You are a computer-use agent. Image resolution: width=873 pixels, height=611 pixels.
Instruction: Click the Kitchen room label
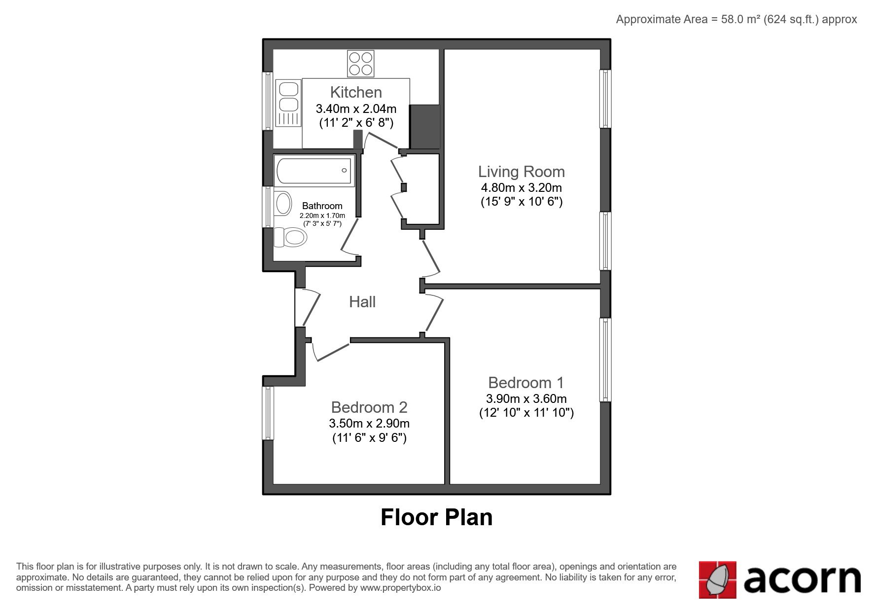356,92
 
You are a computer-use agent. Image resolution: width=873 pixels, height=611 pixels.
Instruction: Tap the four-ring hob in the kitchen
360,64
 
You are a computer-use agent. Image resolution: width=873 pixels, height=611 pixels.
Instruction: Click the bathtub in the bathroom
314,171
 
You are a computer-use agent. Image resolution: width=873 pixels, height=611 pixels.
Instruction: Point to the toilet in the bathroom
290,237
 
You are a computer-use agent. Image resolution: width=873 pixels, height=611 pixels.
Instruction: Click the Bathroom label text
322,206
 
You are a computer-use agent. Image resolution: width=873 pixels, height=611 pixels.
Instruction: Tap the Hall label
362,302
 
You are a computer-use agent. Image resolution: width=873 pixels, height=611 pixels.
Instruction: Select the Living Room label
522,172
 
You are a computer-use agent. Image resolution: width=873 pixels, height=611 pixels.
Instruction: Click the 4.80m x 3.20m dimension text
522,187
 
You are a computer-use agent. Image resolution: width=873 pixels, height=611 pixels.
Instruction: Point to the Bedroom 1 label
526,383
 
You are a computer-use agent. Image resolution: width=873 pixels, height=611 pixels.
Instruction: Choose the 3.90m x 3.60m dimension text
526,398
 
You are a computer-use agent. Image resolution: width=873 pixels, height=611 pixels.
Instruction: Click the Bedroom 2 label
369,407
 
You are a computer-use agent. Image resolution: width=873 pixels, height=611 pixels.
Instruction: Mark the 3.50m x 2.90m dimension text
369,423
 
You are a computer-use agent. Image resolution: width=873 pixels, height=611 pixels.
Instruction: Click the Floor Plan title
436,517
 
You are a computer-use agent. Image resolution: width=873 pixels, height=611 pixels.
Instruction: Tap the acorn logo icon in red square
717,580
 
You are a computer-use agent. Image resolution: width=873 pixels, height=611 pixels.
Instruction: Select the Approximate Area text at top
736,19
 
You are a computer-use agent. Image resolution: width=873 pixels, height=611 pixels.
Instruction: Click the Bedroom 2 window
268,413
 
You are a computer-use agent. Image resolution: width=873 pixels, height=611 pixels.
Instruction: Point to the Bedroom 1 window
605,359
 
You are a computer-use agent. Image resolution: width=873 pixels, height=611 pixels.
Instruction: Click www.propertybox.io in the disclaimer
400,588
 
